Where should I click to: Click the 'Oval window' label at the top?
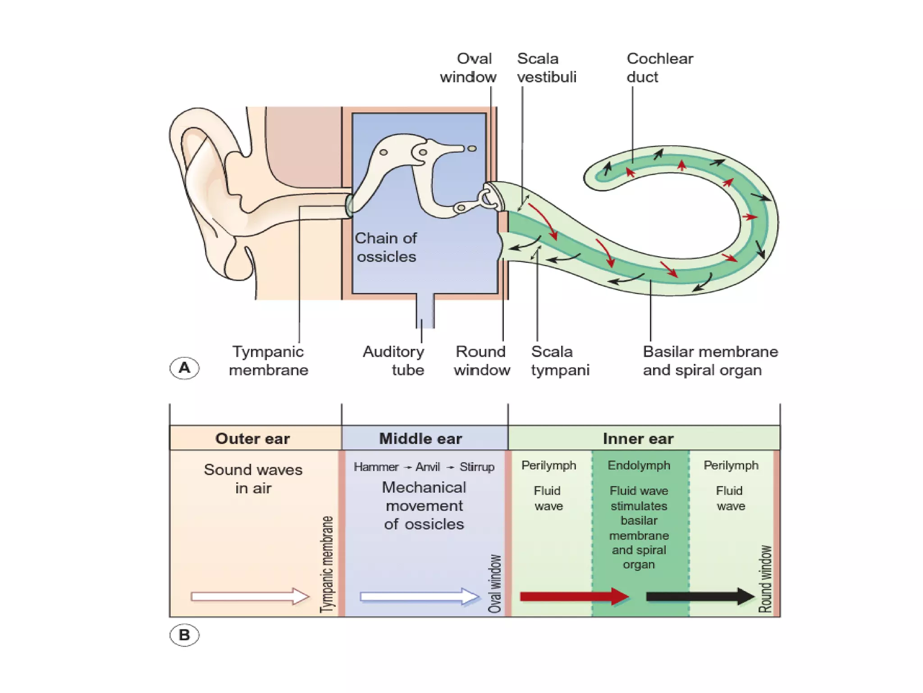click(468, 68)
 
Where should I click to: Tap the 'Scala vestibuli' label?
click(546, 68)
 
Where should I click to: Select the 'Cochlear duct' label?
click(659, 68)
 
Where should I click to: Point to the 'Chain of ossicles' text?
click(386, 247)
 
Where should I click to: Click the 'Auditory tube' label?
click(393, 360)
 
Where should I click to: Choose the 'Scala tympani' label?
click(560, 360)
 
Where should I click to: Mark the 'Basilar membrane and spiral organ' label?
click(710, 360)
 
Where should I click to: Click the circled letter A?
click(184, 368)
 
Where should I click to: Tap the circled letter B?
click(184, 635)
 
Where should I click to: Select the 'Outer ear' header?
click(252, 439)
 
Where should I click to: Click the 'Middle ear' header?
click(420, 439)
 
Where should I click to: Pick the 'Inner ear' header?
click(638, 439)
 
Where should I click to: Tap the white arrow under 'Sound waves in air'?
click(250, 596)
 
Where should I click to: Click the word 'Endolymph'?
click(639, 465)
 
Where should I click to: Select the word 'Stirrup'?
click(477, 467)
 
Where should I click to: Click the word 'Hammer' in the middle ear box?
click(376, 467)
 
